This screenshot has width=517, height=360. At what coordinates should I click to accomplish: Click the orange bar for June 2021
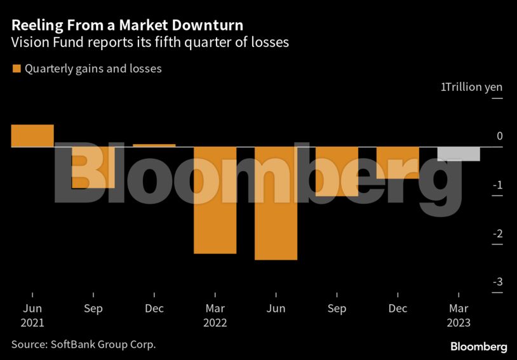32,136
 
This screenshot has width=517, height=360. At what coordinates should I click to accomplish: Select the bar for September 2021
93,168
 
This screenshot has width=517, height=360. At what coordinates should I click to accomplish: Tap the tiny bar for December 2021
154,145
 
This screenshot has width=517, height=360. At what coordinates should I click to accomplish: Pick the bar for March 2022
215,200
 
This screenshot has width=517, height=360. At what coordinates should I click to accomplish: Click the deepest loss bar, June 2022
276,203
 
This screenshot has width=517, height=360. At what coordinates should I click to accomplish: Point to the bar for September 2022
337,171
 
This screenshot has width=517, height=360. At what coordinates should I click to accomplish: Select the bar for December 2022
398,163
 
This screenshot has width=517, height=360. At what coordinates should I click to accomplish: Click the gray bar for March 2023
459,154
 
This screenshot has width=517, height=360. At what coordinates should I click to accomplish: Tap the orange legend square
17,69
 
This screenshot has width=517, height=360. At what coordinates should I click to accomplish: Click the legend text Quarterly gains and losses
93,69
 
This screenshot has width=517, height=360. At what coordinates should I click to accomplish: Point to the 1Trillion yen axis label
471,87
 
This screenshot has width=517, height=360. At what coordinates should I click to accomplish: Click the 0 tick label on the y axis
500,136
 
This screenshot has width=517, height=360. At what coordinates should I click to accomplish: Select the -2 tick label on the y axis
498,234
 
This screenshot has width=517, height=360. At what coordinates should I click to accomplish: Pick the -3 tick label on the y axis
498,283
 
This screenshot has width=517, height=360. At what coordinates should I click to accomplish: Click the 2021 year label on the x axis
32,323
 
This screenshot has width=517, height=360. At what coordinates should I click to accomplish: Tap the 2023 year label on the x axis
459,323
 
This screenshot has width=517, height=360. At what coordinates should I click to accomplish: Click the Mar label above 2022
215,309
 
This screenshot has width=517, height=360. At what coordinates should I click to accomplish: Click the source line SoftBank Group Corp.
83,344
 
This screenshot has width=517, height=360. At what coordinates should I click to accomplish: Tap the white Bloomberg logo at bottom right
479,347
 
